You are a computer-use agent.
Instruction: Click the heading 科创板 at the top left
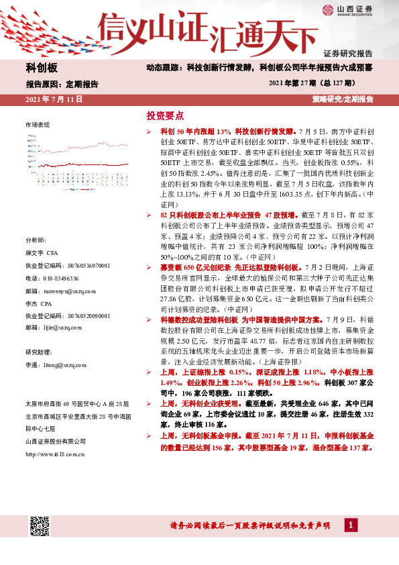pos(42,68)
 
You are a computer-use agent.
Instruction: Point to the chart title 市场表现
pos(38,125)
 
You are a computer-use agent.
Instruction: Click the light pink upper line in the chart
pos(101,145)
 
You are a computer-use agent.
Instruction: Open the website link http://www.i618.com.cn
pos(54,454)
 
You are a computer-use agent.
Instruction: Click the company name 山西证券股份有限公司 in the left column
pos(56,441)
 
